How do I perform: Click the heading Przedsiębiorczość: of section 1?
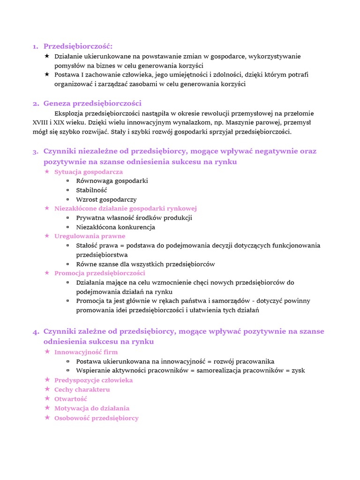point(78,46)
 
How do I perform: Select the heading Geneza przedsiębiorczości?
point(92,104)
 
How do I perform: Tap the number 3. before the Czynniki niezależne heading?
point(36,152)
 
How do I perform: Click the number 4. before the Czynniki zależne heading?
point(36,332)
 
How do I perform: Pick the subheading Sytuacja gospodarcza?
point(89,172)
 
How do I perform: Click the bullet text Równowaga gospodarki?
point(112,181)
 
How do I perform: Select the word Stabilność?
point(91,190)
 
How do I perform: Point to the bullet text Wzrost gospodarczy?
point(106,200)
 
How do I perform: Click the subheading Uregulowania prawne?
point(90,236)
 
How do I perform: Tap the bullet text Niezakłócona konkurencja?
point(115,227)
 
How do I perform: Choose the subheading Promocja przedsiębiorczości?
point(100,273)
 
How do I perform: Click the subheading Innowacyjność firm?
point(86,352)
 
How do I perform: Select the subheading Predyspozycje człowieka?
point(94,380)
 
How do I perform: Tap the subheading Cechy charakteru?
point(82,390)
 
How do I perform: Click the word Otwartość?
point(71,399)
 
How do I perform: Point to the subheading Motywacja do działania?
point(92,408)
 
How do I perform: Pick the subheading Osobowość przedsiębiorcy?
point(97,418)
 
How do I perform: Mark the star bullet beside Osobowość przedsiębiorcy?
point(47,418)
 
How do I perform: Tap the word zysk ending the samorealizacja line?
point(298,371)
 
